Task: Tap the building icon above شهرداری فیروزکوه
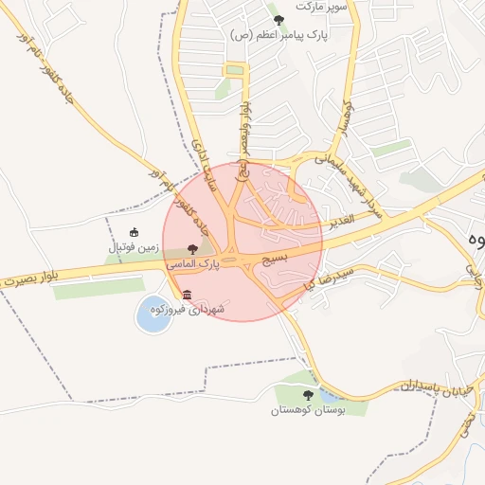point(186,295)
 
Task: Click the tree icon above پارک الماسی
point(193,249)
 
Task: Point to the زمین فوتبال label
point(128,247)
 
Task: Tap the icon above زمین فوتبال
point(134,232)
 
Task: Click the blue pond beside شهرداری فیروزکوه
point(152,314)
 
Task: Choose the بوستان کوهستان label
point(306,410)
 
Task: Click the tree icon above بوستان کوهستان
point(306,394)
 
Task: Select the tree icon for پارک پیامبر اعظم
point(278,20)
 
